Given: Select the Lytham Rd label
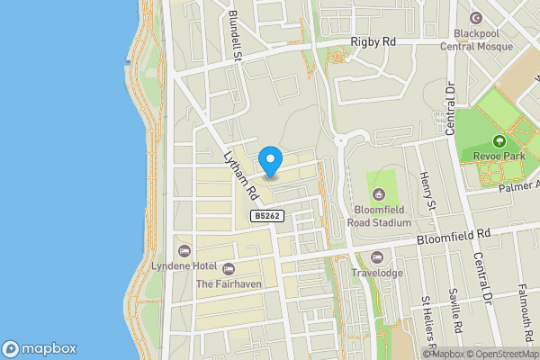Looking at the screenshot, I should tap(241, 175).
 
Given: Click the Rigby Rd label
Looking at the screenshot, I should tap(374, 41).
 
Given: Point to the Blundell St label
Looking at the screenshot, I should tap(237, 37).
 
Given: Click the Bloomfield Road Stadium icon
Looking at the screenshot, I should tap(379, 193).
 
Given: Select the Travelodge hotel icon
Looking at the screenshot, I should tap(377, 258).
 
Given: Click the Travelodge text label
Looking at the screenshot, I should tap(377, 273).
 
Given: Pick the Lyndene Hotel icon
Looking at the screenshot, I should tap(184, 250).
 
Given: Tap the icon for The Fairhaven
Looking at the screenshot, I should tap(228, 269).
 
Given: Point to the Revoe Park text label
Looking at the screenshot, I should tap(498, 156).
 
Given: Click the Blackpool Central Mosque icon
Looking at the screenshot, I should tap(476, 18).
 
